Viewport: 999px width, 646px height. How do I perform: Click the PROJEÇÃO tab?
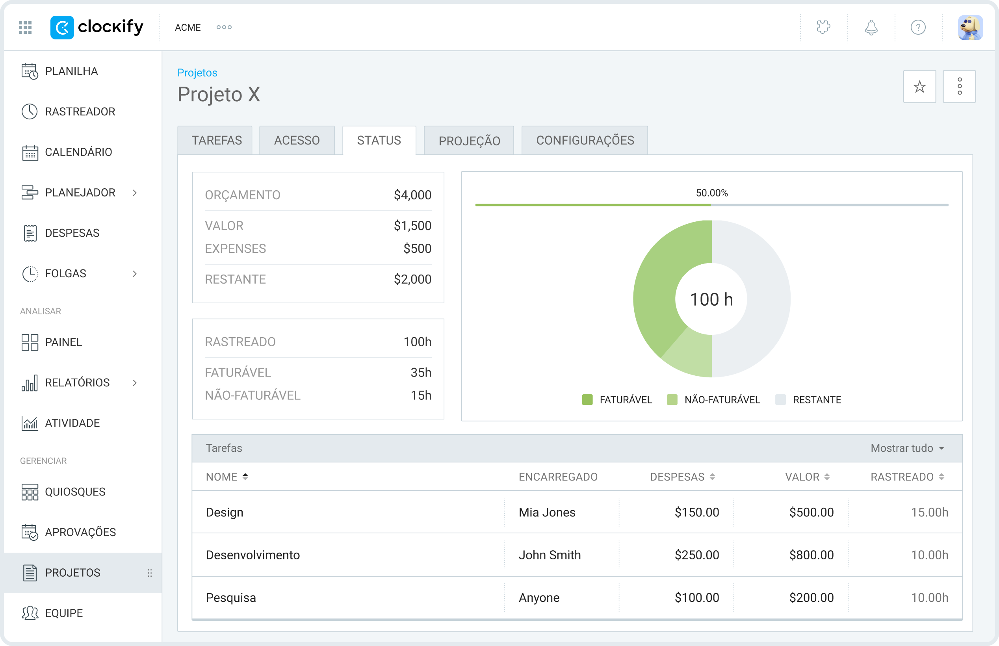coord(469,141)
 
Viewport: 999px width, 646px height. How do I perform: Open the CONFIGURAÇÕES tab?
coord(585,141)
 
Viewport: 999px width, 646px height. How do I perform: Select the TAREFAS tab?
coord(216,141)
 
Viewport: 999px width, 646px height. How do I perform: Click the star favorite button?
coord(919,87)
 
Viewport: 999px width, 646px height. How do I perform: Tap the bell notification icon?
coord(871,28)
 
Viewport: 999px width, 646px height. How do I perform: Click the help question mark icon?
coord(918,28)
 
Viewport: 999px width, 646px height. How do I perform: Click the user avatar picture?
coord(970,28)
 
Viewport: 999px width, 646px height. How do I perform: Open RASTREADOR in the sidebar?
coord(80,111)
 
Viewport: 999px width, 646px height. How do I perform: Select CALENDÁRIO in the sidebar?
coord(78,152)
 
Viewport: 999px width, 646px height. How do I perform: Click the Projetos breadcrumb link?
coord(197,73)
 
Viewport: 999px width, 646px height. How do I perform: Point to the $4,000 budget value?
coord(412,195)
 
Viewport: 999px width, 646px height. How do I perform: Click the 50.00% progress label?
coord(712,193)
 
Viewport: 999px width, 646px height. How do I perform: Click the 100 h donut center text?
coord(711,299)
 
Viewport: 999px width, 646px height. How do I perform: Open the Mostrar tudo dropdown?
coord(908,448)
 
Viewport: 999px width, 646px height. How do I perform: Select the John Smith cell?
coord(550,555)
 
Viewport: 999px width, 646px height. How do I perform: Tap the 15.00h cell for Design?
coord(929,512)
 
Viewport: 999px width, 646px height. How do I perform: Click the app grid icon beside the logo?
coord(25,28)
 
